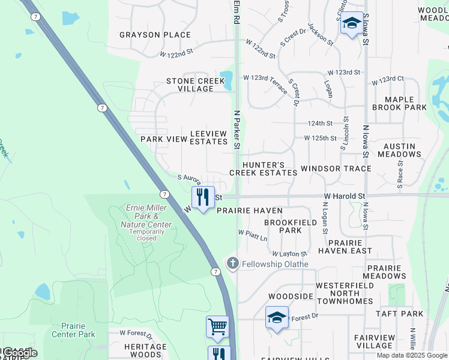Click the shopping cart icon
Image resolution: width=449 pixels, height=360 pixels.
click(217, 327)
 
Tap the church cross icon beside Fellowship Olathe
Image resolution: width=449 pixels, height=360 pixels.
click(232, 263)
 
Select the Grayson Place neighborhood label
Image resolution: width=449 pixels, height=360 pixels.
click(155, 35)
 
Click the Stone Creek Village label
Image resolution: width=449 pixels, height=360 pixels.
click(190, 85)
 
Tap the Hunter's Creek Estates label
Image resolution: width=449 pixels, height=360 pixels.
click(263, 168)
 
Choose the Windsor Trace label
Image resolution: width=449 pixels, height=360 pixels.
click(336, 169)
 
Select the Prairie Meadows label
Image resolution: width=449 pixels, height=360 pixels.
click(385, 272)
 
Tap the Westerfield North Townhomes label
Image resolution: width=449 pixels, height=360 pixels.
click(346, 297)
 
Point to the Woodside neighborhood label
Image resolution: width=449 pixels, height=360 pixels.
click(291, 296)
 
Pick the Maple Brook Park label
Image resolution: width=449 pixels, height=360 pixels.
click(399, 103)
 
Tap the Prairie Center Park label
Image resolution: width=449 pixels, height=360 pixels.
click(73, 330)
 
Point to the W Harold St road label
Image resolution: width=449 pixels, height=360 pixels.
click(345, 196)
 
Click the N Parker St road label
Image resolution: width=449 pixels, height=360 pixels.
click(237, 129)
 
